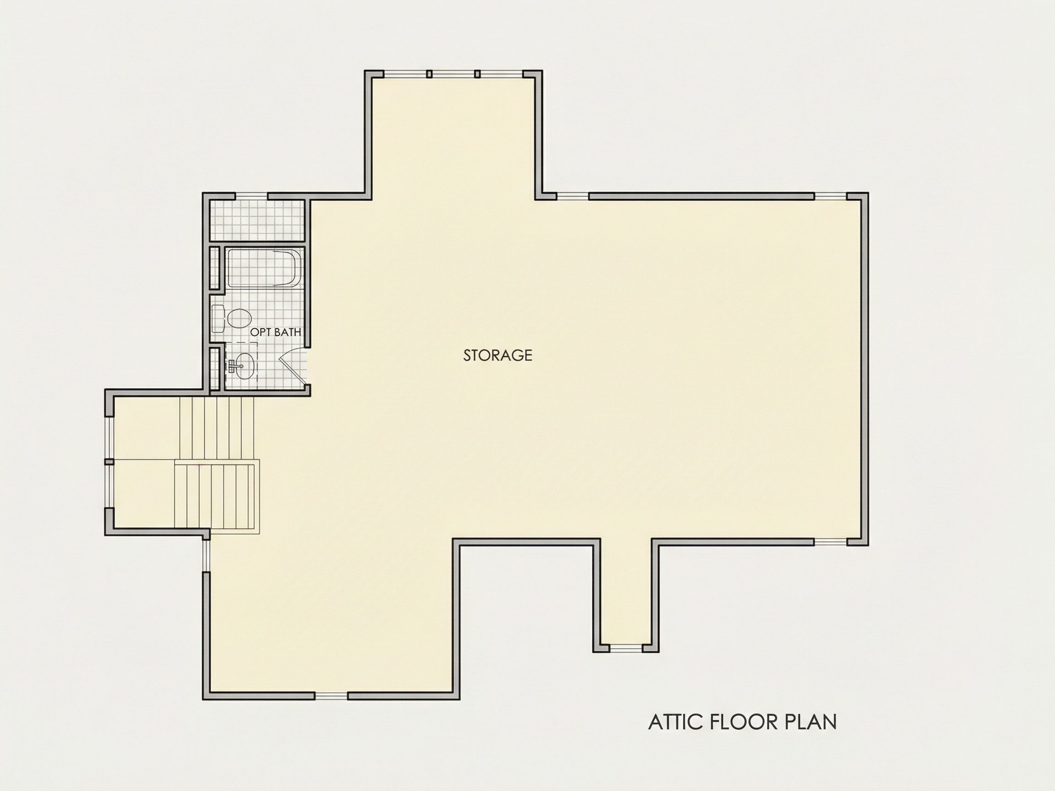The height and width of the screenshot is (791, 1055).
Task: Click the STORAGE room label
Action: click(x=497, y=355)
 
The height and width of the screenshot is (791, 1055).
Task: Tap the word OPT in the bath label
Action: click(x=261, y=332)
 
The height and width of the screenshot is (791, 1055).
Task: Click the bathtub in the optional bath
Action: click(x=263, y=267)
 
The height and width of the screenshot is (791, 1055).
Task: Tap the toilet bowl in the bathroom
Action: click(x=239, y=318)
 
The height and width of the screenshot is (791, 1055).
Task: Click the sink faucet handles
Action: click(x=232, y=366)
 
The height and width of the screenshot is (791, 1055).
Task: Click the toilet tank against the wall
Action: click(x=218, y=319)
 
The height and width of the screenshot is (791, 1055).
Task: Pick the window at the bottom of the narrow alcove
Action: click(x=626, y=648)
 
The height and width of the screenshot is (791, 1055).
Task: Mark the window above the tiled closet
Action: click(x=251, y=195)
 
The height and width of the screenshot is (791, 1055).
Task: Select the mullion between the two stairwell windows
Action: click(x=109, y=461)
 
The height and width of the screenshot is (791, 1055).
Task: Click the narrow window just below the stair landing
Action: click(x=206, y=555)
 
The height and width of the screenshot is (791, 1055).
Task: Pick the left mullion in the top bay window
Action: click(x=429, y=74)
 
